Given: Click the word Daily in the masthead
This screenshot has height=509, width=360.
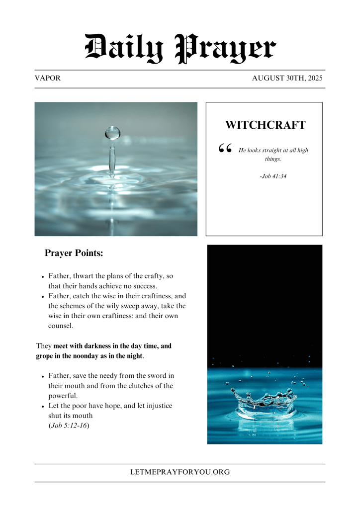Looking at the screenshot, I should coord(125,49).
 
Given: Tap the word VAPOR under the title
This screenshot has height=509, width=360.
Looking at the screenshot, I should coord(48,78).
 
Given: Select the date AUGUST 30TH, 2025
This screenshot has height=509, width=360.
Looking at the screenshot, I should coord(287,78).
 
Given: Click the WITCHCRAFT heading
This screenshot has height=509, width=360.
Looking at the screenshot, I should coord(265,125).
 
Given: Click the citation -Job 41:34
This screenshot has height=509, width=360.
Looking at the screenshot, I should coord(273,176).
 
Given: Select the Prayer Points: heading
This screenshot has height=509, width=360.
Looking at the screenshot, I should coord(74,253).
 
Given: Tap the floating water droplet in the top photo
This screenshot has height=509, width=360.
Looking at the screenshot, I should coord(113,133).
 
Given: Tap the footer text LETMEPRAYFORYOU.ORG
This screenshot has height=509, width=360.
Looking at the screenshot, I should coord(180,472).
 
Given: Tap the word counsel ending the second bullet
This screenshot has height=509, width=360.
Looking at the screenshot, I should coord(61,326).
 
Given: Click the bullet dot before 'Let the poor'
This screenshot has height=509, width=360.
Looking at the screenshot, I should coord(44,407).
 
